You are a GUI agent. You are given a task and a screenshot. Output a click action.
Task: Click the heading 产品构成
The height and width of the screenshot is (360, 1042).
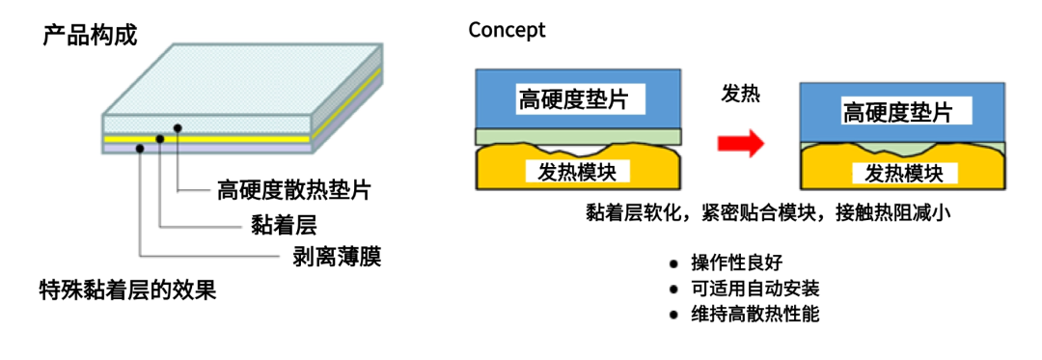point(90,36)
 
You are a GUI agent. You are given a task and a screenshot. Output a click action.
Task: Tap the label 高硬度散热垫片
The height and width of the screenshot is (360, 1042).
point(293,191)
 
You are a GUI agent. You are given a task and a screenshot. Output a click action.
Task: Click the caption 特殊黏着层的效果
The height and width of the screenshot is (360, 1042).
point(127,291)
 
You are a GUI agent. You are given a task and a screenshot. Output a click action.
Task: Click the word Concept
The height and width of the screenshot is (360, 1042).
point(507,31)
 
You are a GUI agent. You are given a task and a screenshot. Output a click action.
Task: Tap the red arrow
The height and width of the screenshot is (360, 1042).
point(741,144)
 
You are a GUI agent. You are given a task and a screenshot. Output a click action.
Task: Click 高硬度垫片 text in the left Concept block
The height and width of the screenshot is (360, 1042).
point(573,100)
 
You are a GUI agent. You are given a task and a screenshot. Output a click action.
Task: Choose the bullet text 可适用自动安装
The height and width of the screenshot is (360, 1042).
point(754,289)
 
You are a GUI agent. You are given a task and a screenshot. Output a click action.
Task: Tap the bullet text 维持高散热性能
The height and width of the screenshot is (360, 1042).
point(754,315)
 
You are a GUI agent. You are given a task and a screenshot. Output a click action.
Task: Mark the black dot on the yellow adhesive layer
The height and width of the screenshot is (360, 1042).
point(160,139)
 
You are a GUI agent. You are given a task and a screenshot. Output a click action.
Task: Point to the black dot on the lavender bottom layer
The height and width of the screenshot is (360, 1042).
point(140,149)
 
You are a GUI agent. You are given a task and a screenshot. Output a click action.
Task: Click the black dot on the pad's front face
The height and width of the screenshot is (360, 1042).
point(177,126)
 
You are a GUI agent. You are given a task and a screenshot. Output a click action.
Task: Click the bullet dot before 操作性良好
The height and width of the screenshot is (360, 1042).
point(673,263)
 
